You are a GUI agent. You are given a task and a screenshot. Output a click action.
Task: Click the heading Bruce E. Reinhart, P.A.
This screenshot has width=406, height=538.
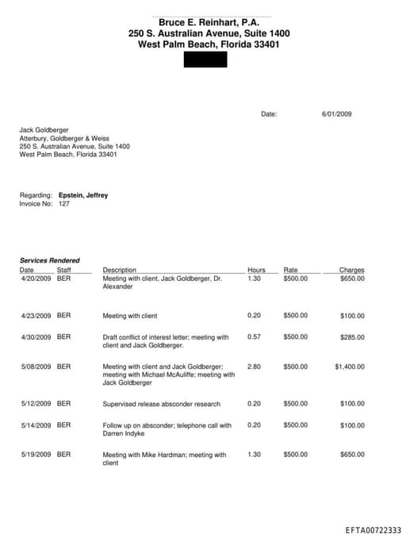(209, 23)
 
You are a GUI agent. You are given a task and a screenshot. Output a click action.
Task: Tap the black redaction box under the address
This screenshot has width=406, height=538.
(205, 60)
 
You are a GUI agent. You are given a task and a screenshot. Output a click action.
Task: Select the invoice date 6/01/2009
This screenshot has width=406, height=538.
(336, 114)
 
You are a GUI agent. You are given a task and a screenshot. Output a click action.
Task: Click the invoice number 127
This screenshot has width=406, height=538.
(64, 204)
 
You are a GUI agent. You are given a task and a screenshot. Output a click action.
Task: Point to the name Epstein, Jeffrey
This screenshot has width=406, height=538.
(83, 195)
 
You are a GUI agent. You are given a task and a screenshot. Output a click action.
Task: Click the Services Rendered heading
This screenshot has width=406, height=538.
(49, 260)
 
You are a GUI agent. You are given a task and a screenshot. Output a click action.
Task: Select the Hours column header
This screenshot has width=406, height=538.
(256, 270)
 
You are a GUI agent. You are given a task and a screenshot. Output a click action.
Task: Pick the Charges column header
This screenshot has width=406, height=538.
(351, 270)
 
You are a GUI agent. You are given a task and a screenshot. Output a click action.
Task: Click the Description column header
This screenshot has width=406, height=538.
(120, 270)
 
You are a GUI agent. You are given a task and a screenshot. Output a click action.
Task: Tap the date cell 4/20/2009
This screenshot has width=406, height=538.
(36, 279)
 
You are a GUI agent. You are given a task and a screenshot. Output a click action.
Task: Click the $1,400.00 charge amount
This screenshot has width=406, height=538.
(350, 367)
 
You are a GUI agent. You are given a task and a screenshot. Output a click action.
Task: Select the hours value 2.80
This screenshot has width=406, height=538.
(254, 367)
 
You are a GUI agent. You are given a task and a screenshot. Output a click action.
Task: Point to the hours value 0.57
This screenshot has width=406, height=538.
(254, 337)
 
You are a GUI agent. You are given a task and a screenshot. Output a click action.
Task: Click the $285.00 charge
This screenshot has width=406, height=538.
(352, 337)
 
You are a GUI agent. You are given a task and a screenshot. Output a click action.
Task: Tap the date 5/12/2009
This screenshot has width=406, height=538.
(36, 403)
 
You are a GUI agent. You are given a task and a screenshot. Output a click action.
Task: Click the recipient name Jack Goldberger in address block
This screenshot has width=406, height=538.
(44, 129)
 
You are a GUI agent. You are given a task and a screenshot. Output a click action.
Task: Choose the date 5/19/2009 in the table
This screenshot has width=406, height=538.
(36, 455)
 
